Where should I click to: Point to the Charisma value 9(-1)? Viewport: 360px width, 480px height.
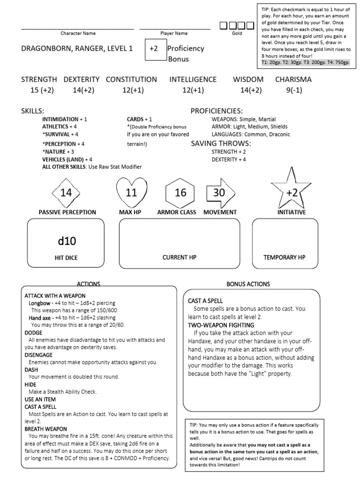pyautogui.click(x=293, y=90)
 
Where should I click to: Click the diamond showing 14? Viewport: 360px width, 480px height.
pyautogui.click(x=66, y=193)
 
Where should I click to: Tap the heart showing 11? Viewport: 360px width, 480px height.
pyautogui.click(x=131, y=193)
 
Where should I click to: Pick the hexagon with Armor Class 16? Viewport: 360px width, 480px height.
pyautogui.click(x=180, y=193)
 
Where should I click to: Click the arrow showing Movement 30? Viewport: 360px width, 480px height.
pyautogui.click(x=219, y=193)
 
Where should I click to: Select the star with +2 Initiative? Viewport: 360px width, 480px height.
pyautogui.click(x=292, y=193)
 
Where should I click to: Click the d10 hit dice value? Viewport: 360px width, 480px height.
pyautogui.click(x=67, y=241)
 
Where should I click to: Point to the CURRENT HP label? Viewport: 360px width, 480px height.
pyautogui.click(x=180, y=257)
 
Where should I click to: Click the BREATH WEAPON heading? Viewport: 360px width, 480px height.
pyautogui.click(x=45, y=428)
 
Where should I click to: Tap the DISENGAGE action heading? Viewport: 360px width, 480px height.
pyautogui.click(x=39, y=354)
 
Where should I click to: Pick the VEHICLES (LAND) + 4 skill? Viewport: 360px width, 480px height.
pyautogui.click(x=67, y=159)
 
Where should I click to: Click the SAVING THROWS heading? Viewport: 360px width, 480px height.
pyautogui.click(x=221, y=143)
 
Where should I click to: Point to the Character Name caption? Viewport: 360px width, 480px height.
pyautogui.click(x=78, y=33)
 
